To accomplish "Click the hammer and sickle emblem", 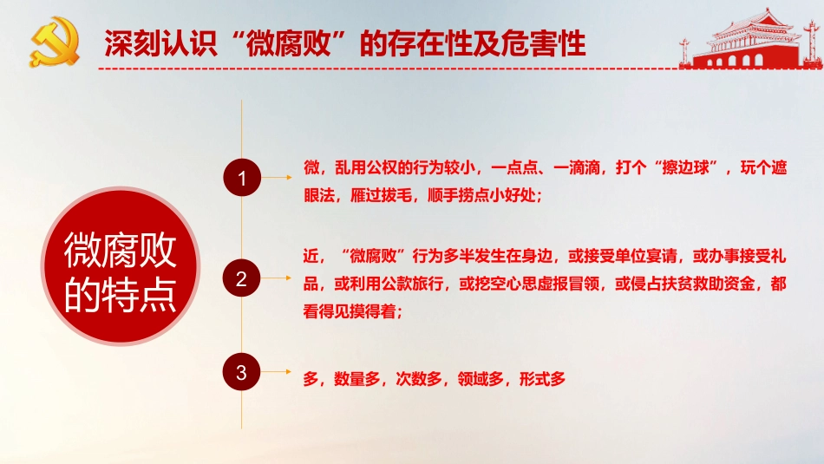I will pos(54,42).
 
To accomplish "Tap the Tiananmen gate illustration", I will pos(738,39).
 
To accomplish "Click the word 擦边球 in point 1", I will pos(690,168).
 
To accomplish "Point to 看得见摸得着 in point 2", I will pos(347,311).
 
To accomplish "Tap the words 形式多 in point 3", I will pos(543,378).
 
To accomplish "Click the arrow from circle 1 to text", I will pos(278,179).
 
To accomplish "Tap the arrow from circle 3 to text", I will pos(278,373).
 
